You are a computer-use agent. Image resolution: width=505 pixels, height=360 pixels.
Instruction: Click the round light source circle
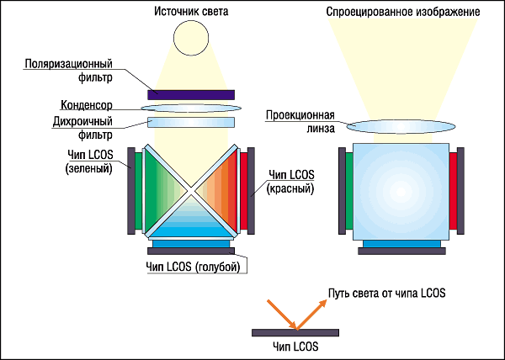coord(190,38)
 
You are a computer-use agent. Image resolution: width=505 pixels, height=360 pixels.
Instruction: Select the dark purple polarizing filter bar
coord(191,94)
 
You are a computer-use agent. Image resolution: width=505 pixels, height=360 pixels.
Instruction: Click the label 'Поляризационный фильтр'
coord(69,71)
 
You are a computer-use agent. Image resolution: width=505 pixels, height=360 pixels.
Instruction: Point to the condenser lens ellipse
coord(190,109)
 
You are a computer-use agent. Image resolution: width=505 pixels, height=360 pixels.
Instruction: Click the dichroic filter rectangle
coord(190,124)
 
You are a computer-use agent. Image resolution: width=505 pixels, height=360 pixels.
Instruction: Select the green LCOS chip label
coord(90,161)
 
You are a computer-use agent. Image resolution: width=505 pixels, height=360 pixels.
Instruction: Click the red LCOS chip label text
coord(290,182)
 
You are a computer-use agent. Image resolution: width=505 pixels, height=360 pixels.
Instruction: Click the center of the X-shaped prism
coord(191,193)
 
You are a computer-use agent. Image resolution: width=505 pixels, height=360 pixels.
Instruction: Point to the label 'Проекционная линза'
coord(300,122)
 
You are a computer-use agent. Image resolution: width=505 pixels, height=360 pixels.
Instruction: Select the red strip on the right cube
coord(453,192)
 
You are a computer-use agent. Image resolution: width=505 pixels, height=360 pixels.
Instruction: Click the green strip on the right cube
coord(348,192)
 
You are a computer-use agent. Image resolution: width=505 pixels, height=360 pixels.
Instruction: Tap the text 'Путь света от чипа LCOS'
coord(386,293)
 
